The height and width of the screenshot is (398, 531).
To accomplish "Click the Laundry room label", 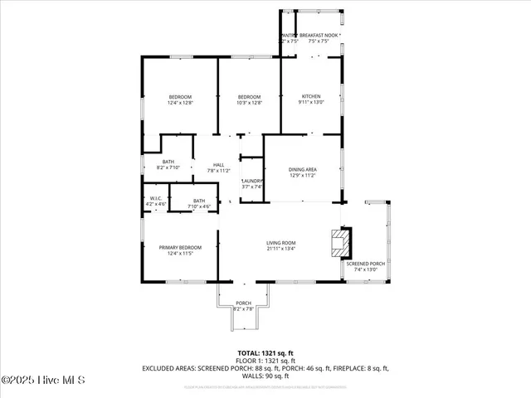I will coord(252,183).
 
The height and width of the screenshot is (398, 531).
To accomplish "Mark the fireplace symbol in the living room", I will coord(339,244).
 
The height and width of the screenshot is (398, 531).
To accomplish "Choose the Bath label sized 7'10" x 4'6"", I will coord(199,201).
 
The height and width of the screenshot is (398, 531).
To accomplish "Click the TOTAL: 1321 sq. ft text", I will coord(265,353).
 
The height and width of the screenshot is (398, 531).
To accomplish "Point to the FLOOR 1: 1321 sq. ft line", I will coord(265,361).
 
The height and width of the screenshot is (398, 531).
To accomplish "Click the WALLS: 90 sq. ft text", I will coord(265,374).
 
